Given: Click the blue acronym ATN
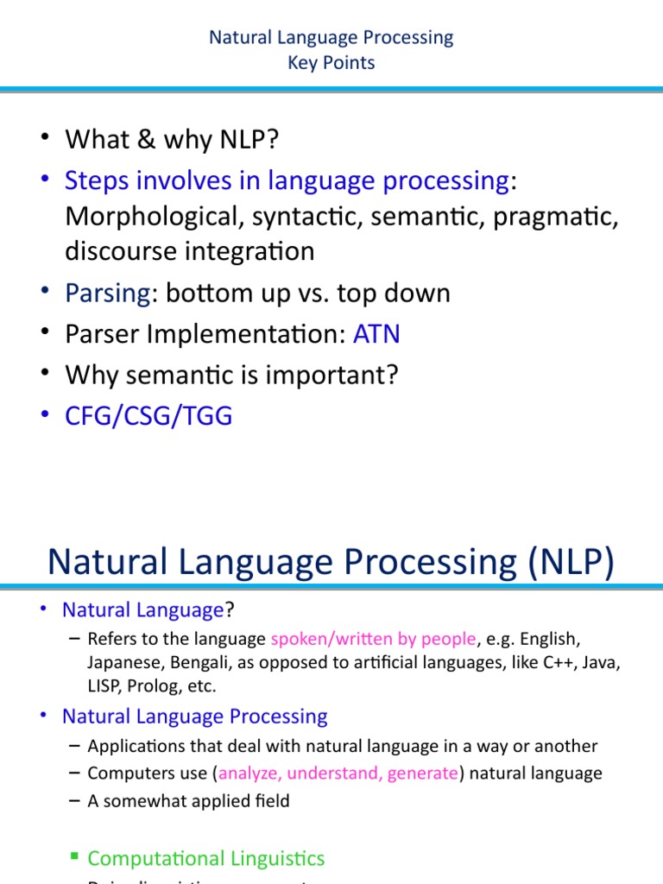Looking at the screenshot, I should pos(376,334).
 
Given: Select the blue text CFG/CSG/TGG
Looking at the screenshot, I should pos(148,416).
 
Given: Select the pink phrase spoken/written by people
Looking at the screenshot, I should pos(373,639).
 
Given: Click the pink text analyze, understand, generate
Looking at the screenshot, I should pos(338,773).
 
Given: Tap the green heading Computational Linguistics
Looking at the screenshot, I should pos(206,858).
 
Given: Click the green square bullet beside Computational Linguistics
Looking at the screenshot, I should pos(74,856).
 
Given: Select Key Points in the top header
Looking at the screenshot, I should pos(331,63).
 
